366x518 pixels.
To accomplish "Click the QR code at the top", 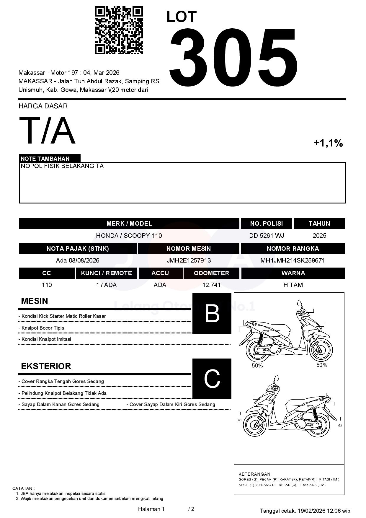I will click(119, 30).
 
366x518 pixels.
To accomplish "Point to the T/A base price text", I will click(47, 131).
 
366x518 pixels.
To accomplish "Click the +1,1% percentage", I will click(328, 143).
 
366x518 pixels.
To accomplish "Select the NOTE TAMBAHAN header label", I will click(45, 159).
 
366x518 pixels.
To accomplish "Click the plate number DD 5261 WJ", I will click(267, 236).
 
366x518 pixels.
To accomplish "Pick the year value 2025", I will click(319, 236).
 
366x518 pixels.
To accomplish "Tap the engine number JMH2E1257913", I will click(189, 260).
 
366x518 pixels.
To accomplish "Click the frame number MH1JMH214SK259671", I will click(293, 260).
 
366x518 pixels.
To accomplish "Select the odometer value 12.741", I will click(211, 285).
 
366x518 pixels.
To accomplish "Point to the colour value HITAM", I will click(293, 285).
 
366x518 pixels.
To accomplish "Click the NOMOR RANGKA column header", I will click(293, 249).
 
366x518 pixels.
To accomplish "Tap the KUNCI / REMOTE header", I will click(106, 273).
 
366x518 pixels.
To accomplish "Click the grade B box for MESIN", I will click(212, 313).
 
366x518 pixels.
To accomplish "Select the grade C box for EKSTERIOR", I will click(212, 378).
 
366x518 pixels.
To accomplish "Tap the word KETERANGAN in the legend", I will click(254, 474).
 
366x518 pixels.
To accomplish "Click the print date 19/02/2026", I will click(311, 511).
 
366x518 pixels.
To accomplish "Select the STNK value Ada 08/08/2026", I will click(78, 260).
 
